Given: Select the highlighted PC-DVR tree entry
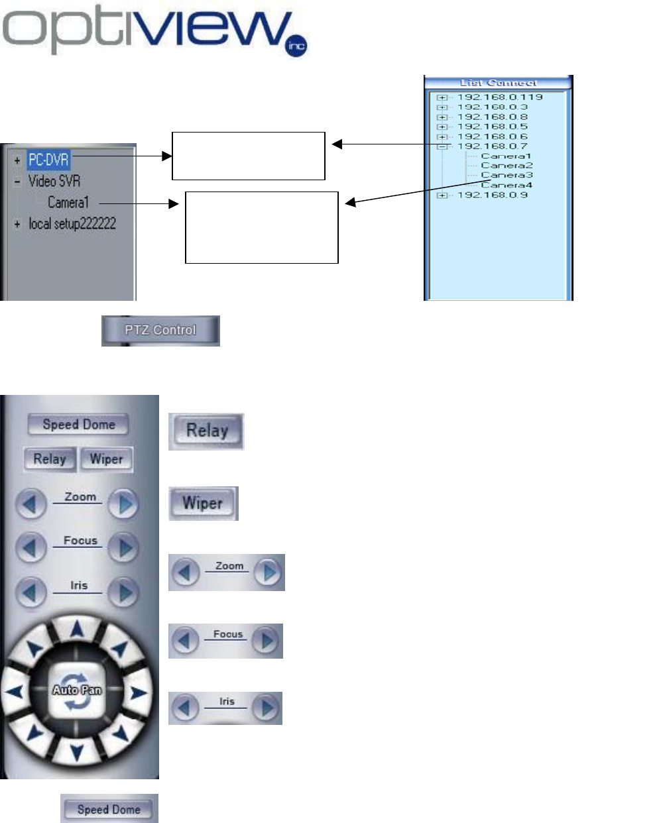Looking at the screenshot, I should coord(48,160).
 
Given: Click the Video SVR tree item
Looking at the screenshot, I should coord(54,181).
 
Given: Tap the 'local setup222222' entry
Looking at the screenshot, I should coord(72,224).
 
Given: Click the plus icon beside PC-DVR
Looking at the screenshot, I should coord(17,160).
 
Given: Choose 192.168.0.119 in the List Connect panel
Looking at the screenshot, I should coord(500,97).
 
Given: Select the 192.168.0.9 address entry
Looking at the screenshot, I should coord(493,195).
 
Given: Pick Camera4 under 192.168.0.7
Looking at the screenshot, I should coord(507,185).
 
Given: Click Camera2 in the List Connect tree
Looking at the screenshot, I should coord(507,166).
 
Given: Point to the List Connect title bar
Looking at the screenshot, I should coord(498,83).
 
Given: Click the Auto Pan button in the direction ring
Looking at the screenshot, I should coord(77,690).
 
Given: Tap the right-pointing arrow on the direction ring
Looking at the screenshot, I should coord(138,693).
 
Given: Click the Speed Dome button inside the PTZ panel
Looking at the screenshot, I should coord(79,425).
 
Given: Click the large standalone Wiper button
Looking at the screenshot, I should coord(203,504).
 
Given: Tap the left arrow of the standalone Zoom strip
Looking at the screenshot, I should coord(186,573).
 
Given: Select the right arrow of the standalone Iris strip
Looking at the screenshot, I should coord(267,708).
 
